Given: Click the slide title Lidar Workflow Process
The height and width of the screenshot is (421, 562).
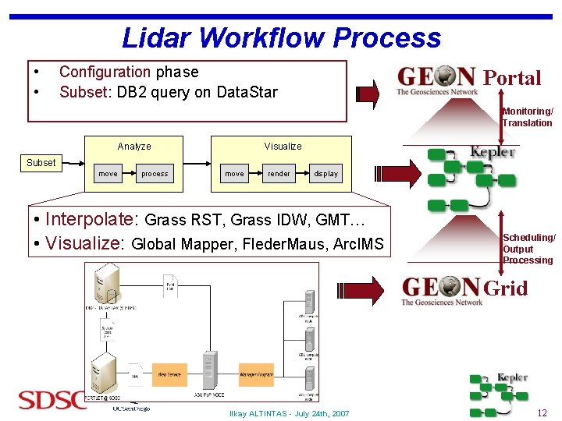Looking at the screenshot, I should pyautogui.click(x=281, y=37).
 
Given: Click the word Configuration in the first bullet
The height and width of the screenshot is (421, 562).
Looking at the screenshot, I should pyautogui.click(x=105, y=72).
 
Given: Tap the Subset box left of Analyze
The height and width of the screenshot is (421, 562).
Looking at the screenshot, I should pyautogui.click(x=41, y=162).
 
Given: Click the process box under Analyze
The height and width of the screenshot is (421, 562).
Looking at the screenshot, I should pyautogui.click(x=155, y=174).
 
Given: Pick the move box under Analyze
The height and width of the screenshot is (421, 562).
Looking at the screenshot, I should pyautogui.click(x=108, y=174).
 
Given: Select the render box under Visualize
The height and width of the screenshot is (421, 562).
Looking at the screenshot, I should pyautogui.click(x=279, y=174).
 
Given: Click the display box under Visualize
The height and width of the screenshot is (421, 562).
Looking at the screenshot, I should pyautogui.click(x=326, y=174).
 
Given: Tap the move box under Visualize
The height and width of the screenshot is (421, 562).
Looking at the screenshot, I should pyautogui.click(x=234, y=174).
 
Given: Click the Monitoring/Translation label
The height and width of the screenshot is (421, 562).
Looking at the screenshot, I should pyautogui.click(x=528, y=117).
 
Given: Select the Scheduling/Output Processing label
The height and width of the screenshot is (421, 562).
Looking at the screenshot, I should pyautogui.click(x=529, y=249).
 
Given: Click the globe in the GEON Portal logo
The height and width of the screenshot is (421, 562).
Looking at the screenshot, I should pyautogui.click(x=445, y=76).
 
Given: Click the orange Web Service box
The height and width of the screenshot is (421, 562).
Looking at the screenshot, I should pyautogui.click(x=169, y=375).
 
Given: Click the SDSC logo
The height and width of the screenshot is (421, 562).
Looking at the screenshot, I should pyautogui.click(x=52, y=401).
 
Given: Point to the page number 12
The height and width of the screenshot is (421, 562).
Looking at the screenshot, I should pyautogui.click(x=542, y=412).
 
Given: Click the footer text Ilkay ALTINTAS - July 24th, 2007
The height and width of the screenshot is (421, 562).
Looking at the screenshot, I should pyautogui.click(x=289, y=413).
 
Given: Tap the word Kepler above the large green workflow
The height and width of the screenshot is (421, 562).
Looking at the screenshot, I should pyautogui.click(x=493, y=151).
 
